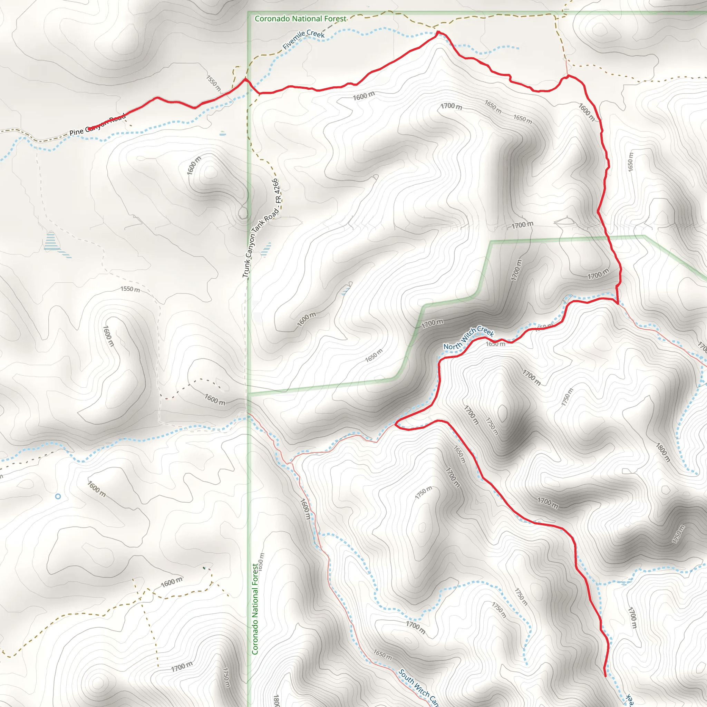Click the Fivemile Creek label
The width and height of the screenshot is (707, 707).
(x=303, y=39)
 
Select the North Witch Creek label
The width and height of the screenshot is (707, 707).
(x=468, y=338)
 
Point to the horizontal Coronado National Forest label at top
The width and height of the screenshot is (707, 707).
(x=300, y=19)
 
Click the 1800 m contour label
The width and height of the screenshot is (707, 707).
(x=663, y=452)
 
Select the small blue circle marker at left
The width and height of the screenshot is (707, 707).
(x=58, y=496)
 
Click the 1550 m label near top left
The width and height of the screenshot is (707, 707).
(x=213, y=84)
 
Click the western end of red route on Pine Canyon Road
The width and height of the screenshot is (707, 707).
(x=88, y=128)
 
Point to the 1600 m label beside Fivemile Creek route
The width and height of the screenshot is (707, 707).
(x=364, y=96)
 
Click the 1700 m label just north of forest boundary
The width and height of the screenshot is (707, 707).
(x=522, y=225)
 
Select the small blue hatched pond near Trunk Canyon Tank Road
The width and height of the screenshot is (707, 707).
(x=267, y=250)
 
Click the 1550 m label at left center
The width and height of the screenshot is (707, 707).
(x=130, y=289)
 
